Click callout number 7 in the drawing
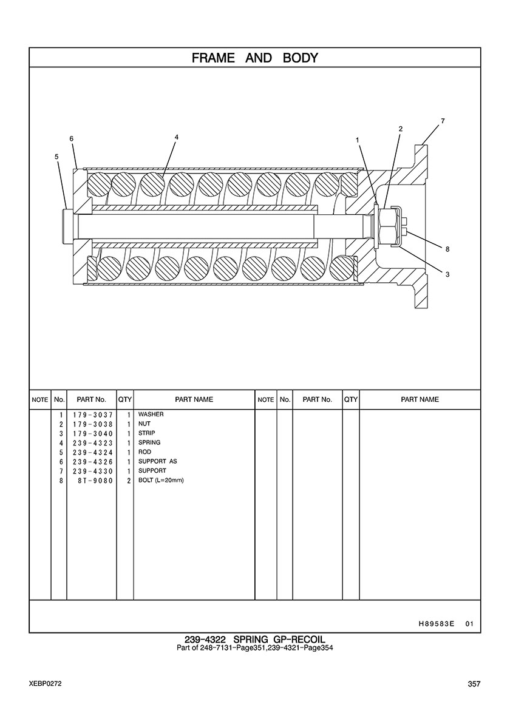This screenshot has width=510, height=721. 443,121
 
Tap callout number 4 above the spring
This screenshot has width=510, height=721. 177,137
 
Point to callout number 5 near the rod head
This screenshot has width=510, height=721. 57,157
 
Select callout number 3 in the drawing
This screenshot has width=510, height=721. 447,274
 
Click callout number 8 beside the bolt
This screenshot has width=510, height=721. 447,249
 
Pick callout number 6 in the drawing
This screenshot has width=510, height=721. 72,138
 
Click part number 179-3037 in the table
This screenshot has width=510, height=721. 92,415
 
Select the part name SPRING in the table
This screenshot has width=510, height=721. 149,442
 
